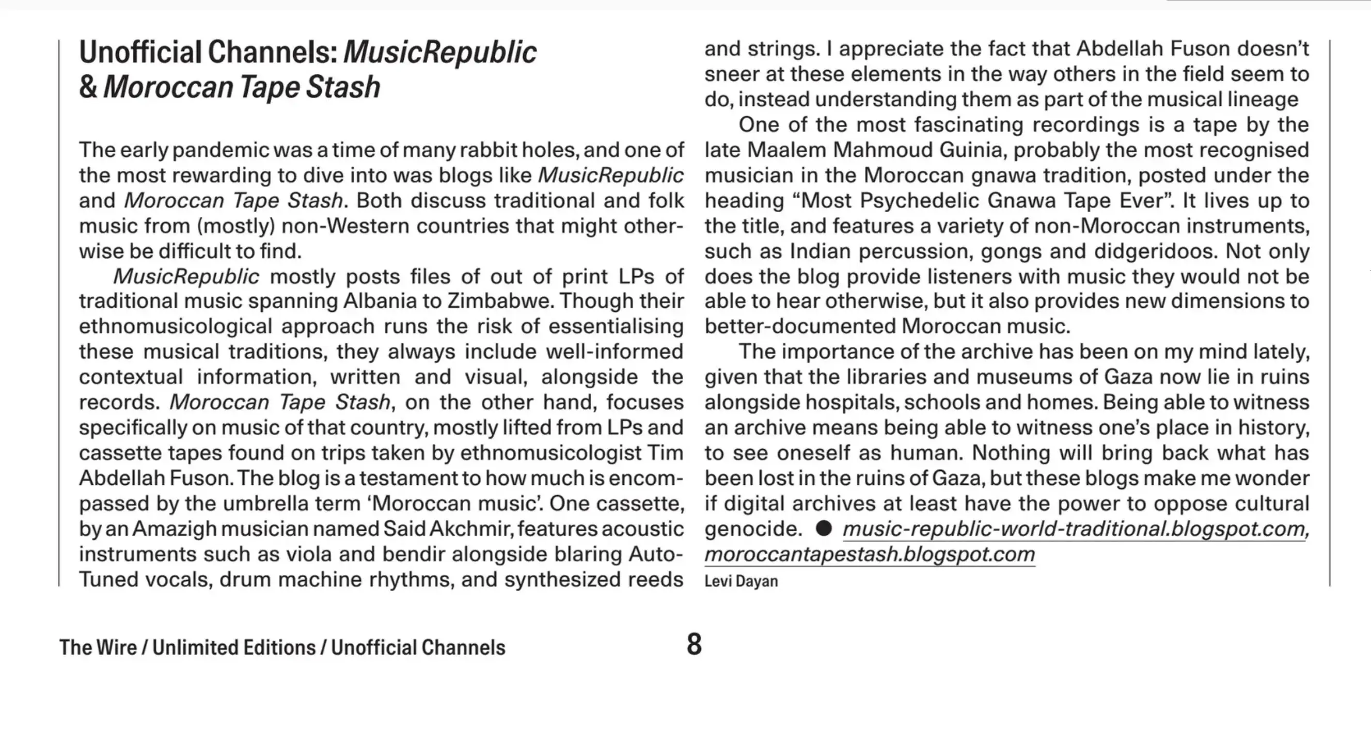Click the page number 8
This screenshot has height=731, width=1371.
pos(694,644)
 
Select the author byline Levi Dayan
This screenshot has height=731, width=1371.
pos(741,581)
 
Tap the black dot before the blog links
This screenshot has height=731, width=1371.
pos(823,528)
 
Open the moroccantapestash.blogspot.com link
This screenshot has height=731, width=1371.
pos(870,554)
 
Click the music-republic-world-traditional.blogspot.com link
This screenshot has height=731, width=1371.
pos(1076,529)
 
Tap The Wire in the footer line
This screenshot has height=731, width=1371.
pos(98,647)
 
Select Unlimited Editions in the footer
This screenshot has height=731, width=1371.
pos(234,647)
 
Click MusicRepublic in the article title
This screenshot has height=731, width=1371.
pos(439,52)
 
